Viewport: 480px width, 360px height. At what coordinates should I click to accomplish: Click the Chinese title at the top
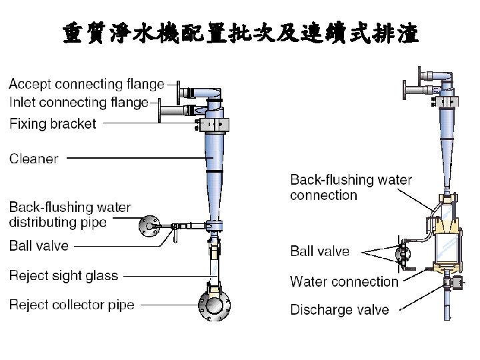tap(241, 33)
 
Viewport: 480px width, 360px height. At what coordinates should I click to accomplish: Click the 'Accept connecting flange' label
tap(86, 85)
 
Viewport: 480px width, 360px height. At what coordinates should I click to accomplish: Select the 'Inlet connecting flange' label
tap(78, 103)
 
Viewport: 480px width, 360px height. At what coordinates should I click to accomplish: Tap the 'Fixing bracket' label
tap(53, 124)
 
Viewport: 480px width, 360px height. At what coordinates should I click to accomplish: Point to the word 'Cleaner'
tap(33, 159)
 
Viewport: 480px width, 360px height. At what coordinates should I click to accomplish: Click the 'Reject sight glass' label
tap(63, 276)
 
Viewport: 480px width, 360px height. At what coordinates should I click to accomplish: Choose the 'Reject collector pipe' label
tap(71, 305)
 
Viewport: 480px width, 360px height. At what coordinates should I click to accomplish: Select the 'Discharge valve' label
tap(339, 310)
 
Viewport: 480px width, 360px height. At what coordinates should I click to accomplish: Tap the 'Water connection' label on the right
tap(344, 282)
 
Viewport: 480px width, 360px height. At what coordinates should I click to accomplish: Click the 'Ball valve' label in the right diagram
tap(319, 251)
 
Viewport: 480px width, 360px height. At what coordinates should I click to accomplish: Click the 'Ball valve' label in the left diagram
tap(39, 246)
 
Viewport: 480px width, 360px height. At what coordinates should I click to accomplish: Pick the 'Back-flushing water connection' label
tap(351, 188)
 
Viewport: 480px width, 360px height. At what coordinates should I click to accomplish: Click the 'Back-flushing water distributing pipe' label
tap(69, 215)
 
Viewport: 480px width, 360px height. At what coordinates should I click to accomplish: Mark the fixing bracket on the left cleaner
tap(213, 125)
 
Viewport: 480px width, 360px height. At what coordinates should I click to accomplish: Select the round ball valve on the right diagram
tap(403, 253)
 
